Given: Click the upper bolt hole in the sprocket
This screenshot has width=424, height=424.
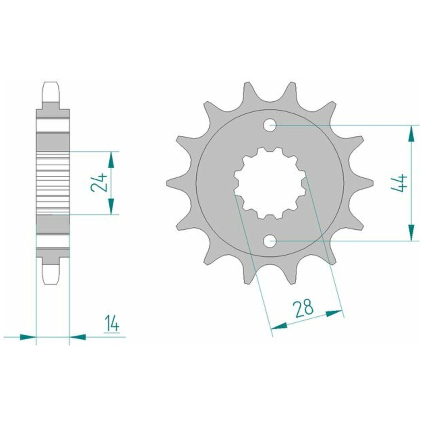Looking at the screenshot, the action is [270, 125].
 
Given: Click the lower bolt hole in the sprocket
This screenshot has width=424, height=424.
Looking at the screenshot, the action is [270, 241].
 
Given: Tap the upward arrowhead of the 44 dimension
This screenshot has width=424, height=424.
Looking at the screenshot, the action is [411, 133].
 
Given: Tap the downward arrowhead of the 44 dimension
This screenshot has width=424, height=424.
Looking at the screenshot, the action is [411, 232].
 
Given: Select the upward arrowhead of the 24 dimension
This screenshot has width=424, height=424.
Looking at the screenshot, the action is [111, 159].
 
